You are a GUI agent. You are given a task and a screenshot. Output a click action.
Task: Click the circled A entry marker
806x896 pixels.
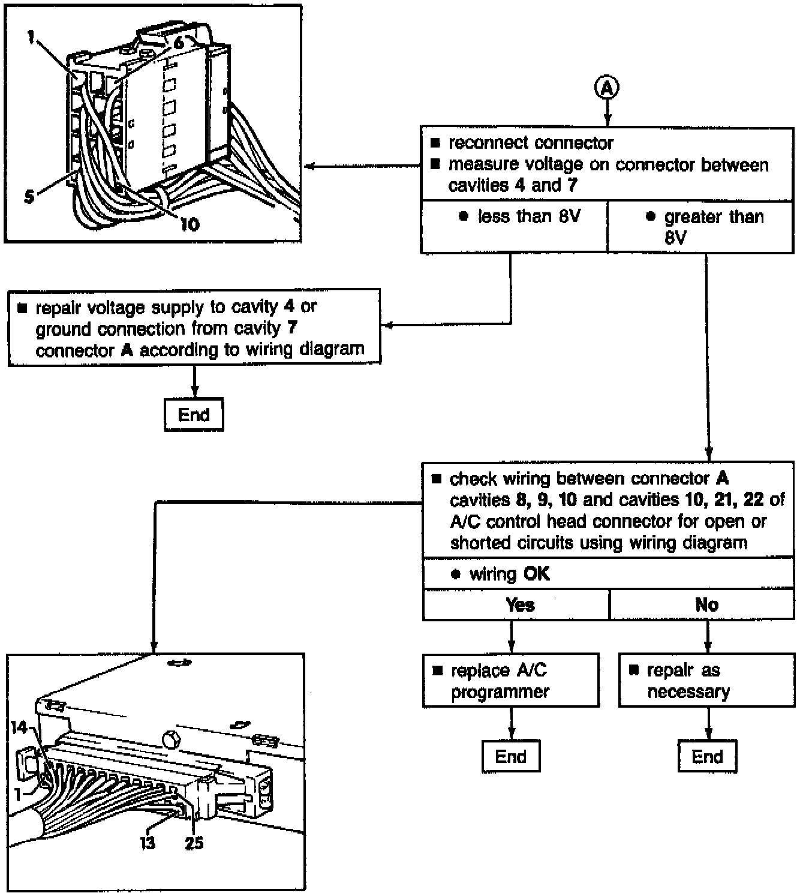[607, 88]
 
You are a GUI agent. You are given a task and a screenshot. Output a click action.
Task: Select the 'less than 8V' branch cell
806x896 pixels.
[515, 226]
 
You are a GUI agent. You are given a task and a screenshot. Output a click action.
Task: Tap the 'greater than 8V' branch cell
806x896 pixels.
[700, 226]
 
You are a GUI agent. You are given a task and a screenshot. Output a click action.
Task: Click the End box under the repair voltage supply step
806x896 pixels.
[194, 414]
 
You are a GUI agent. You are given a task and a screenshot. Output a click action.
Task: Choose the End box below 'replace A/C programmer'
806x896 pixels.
[511, 757]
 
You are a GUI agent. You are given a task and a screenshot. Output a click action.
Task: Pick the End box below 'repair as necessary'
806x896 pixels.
[707, 757]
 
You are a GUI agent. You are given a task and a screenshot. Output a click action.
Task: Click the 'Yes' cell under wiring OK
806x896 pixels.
[516, 605]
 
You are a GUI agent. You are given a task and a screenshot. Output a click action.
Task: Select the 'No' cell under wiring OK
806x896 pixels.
[702, 605]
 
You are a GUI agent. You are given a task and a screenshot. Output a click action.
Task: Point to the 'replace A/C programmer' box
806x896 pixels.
[511, 681]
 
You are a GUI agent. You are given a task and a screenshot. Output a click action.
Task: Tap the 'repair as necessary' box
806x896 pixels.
[706, 681]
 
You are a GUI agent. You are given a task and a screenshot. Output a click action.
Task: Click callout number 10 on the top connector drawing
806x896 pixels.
[190, 224]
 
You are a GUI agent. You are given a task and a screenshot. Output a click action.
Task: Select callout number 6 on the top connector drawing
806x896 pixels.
[178, 43]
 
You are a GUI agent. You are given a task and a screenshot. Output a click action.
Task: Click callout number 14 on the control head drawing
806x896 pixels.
[19, 727]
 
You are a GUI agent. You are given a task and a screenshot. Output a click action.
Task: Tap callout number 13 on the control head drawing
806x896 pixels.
[148, 843]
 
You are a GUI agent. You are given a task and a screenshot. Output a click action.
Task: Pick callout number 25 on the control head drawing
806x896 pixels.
[194, 843]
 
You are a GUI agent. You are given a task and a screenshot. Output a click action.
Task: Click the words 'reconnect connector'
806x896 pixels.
[531, 143]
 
